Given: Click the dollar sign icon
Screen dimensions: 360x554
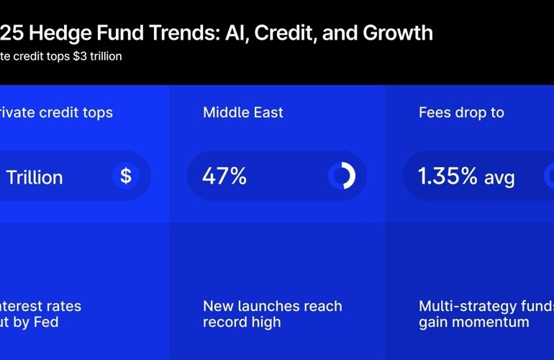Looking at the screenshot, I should point(126,176).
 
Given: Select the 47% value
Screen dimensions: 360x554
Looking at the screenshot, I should point(224,176).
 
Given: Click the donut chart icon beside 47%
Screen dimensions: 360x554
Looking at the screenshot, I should point(342,176).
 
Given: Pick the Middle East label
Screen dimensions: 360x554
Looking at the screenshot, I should point(243,112).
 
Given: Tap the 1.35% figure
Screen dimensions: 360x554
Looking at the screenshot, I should point(448,176).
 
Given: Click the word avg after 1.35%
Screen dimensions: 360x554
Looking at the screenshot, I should point(499,177).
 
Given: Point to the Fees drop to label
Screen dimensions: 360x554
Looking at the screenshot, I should point(461,112).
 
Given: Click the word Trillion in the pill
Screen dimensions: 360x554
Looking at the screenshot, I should point(35,176).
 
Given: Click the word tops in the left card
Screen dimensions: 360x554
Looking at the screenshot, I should point(98,112).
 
